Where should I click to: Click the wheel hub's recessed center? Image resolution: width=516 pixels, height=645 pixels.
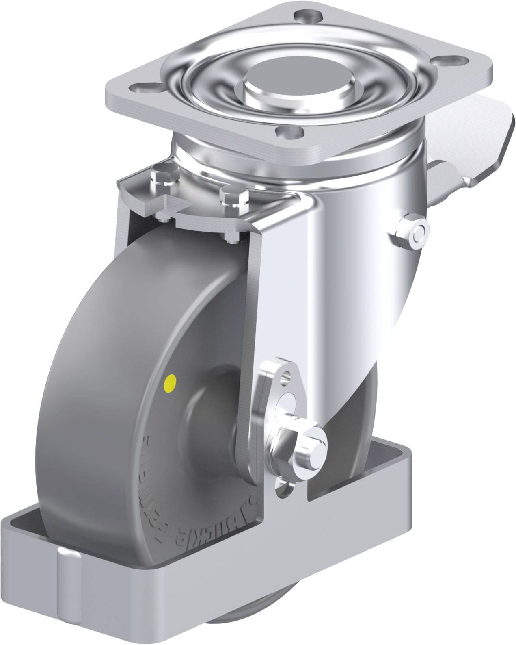(227, 398)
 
